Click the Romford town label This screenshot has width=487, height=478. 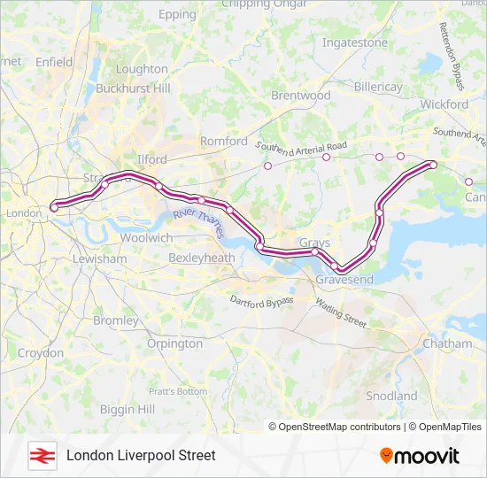click(224, 141)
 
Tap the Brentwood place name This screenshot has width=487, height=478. click(300, 95)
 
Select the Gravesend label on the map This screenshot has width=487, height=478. click(344, 280)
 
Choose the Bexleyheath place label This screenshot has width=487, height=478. click(201, 258)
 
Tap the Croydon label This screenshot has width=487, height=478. click(41, 353)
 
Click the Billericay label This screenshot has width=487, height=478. click(378, 87)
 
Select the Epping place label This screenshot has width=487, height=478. click(176, 15)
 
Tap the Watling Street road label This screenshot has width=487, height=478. click(341, 313)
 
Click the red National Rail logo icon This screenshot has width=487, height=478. click(41, 456)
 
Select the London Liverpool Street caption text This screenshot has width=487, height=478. click(141, 456)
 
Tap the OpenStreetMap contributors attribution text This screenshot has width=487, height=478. click(335, 427)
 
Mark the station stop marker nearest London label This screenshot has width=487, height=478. click(54, 207)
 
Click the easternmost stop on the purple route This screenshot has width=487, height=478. click(433, 165)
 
